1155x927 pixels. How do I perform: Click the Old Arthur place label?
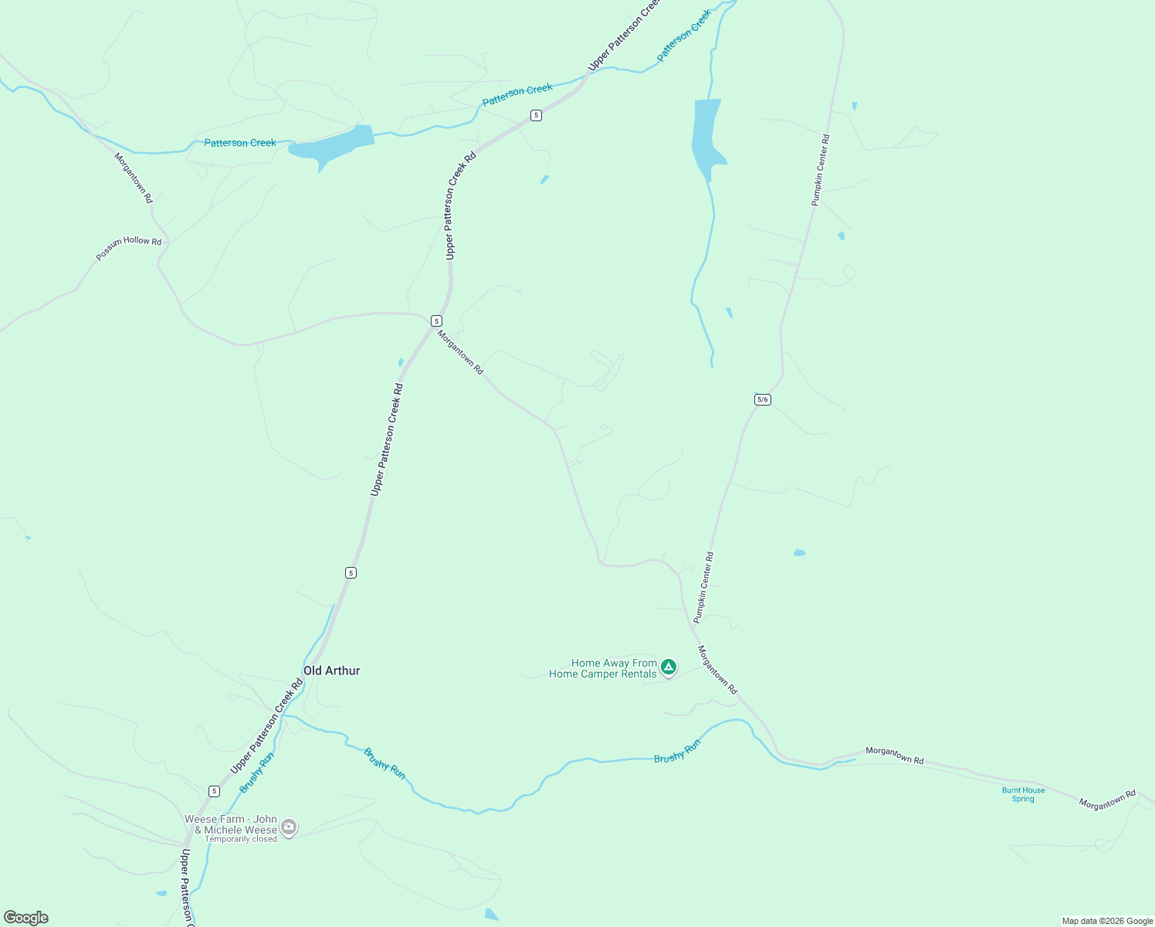click(331, 671)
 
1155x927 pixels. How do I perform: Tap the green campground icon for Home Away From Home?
click(669, 667)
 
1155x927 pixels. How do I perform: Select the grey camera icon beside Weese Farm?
click(289, 827)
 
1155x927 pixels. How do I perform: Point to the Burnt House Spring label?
click(1023, 794)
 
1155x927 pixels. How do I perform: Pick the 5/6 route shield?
click(763, 399)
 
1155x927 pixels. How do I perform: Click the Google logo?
click(26, 918)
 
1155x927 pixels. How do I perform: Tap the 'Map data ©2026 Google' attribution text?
click(1107, 921)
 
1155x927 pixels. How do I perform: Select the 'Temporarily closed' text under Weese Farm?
click(241, 840)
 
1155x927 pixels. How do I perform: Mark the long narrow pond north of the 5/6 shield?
click(706, 135)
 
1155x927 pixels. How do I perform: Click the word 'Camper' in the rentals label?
click(603, 674)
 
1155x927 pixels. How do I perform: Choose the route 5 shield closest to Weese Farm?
click(214, 791)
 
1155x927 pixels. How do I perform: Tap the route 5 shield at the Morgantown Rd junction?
click(436, 321)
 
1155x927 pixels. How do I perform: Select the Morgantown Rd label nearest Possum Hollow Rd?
click(134, 178)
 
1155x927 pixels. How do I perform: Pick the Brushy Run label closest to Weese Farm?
click(256, 772)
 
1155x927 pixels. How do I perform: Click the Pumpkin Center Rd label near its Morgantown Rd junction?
click(703, 587)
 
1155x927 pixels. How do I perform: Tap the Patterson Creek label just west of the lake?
click(240, 143)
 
